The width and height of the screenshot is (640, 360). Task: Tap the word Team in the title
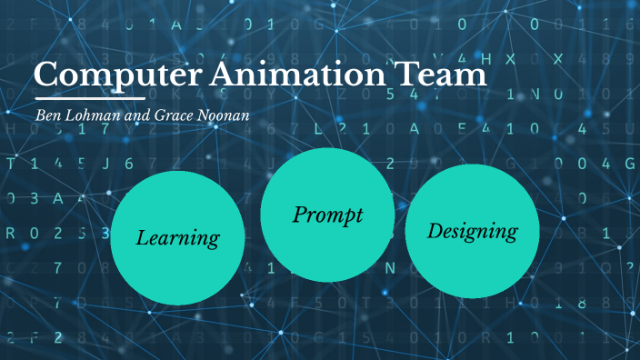pyautogui.click(x=449, y=74)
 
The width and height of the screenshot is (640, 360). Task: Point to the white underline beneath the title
pyautogui.click(x=89, y=97)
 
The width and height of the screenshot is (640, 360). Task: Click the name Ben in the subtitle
pyautogui.click(x=46, y=115)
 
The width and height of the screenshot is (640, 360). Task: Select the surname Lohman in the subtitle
pyautogui.click(x=88, y=115)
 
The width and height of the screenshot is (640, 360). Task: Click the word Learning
pyautogui.click(x=178, y=239)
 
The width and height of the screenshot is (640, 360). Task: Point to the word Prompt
pyautogui.click(x=328, y=215)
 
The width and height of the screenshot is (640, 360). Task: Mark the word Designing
pyautogui.click(x=472, y=232)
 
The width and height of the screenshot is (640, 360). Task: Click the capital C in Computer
pyautogui.click(x=47, y=74)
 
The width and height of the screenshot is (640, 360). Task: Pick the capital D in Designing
pyautogui.click(x=435, y=230)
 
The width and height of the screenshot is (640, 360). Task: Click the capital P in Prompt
pyautogui.click(x=301, y=215)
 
